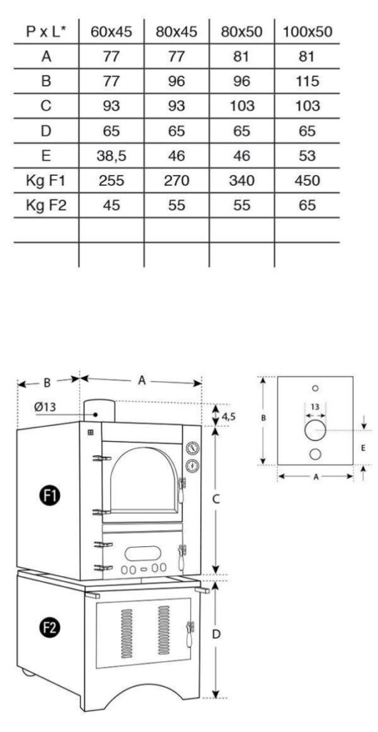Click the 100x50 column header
coord(307,31)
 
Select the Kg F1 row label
coord(46,181)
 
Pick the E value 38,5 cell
coord(111,156)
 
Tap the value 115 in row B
coord(307,81)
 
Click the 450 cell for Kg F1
coord(307,181)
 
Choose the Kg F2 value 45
coord(111,205)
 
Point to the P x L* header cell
coord(46,31)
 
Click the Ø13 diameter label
coord(45,407)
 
